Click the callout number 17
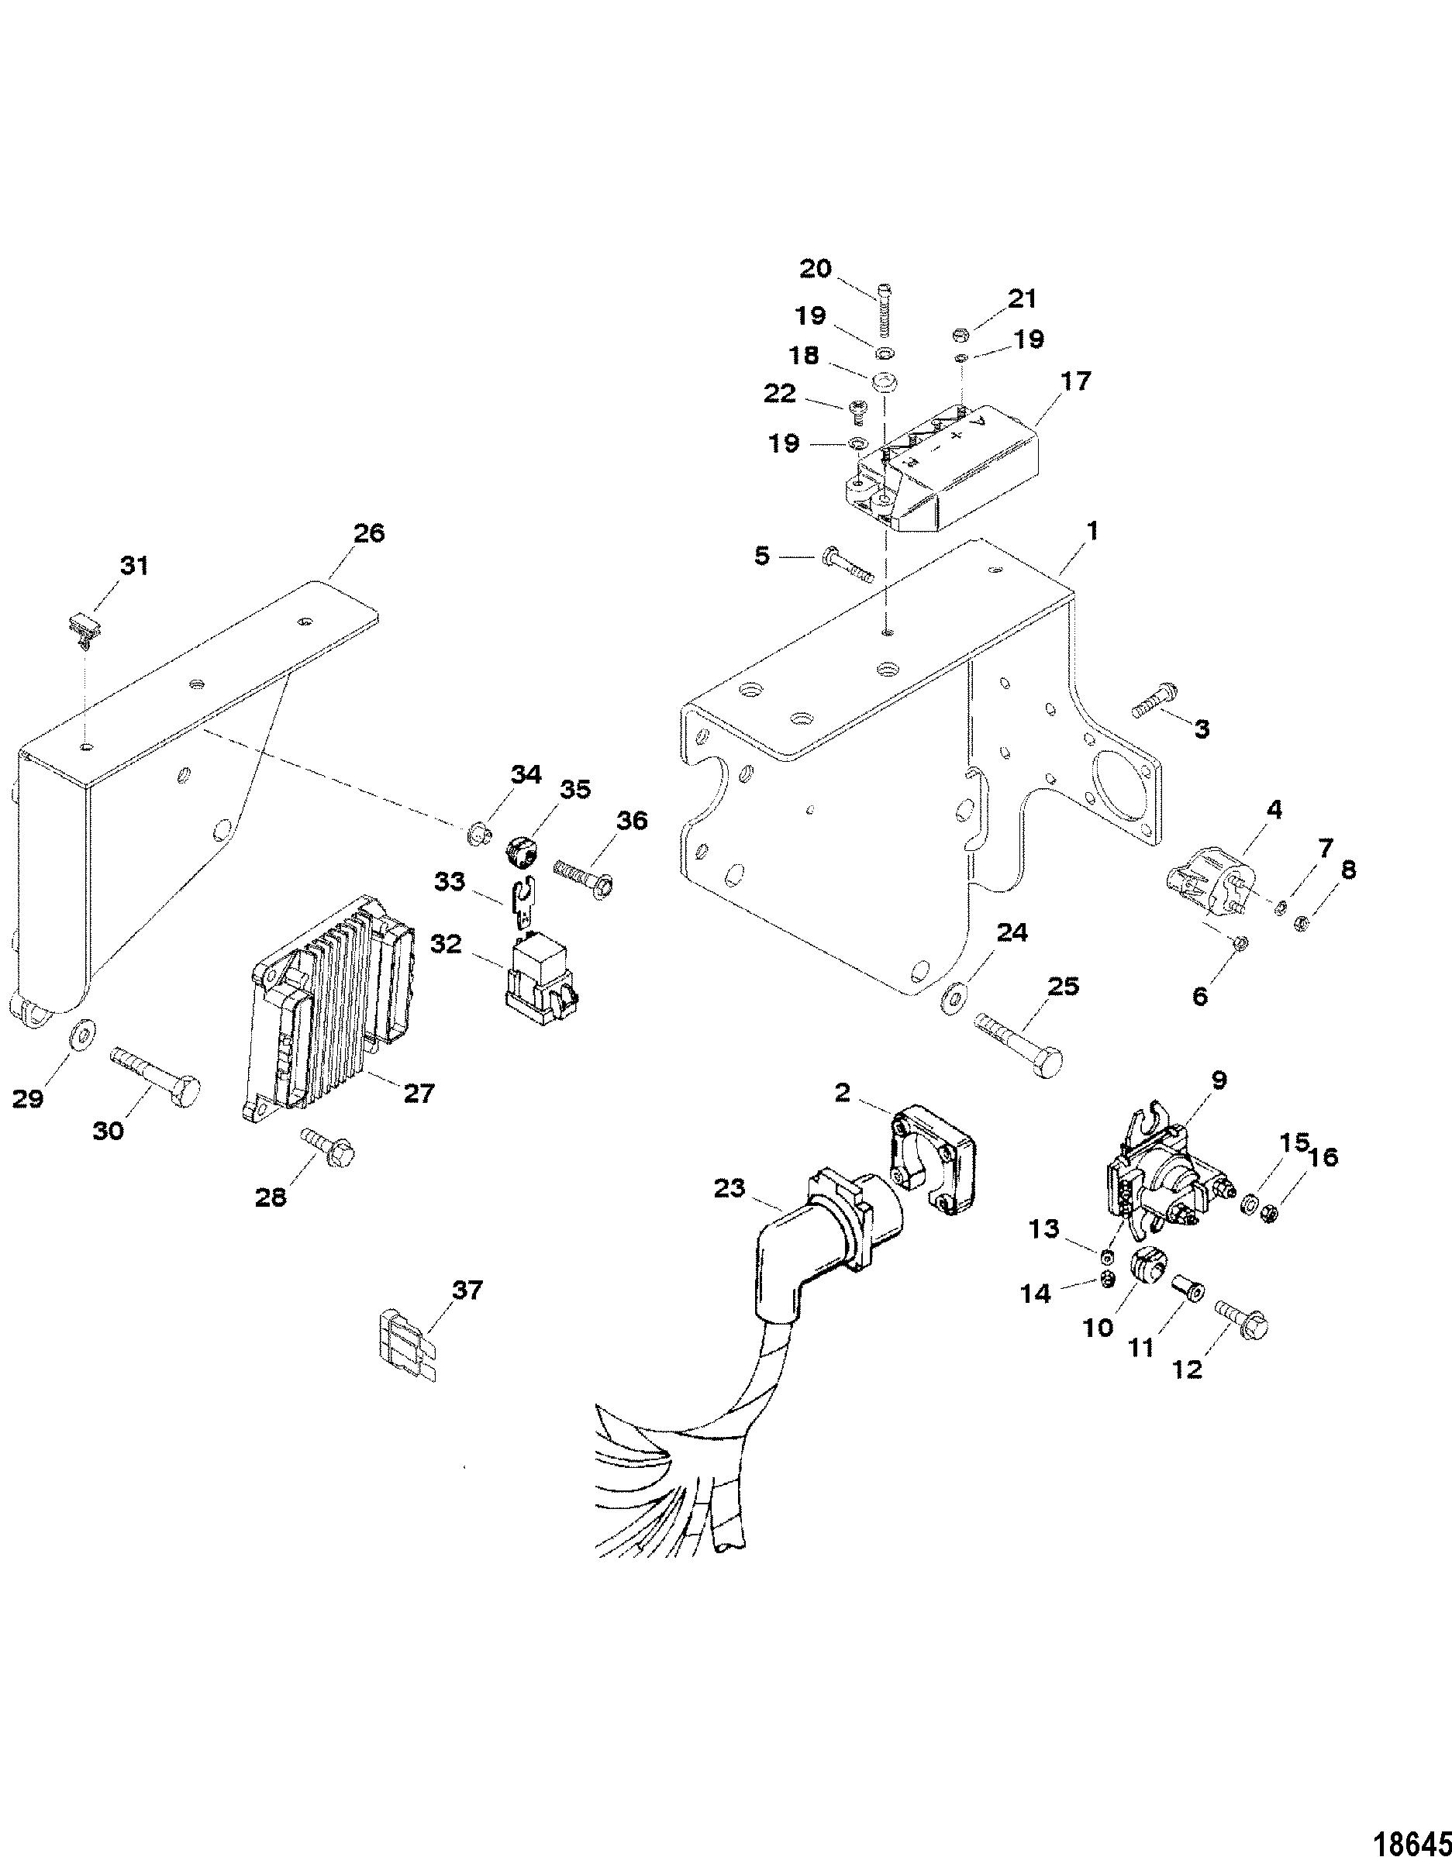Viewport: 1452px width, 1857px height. pyautogui.click(x=1075, y=382)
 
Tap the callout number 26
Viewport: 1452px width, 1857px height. pyautogui.click(x=369, y=533)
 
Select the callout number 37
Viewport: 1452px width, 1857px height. pyautogui.click(x=466, y=1290)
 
